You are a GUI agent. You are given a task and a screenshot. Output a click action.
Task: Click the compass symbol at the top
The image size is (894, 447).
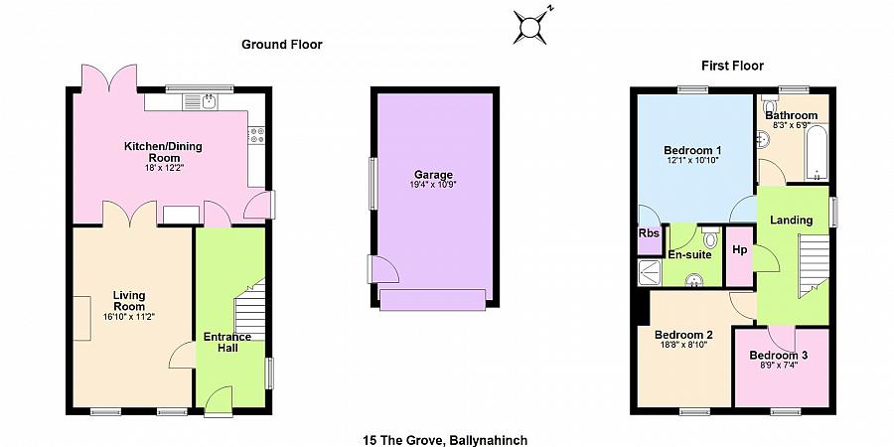(530, 26)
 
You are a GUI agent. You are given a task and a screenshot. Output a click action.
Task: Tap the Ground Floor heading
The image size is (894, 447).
(282, 45)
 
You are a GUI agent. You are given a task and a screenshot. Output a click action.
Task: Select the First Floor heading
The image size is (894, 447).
(732, 67)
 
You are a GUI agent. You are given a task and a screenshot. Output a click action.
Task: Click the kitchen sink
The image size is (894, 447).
(200, 102)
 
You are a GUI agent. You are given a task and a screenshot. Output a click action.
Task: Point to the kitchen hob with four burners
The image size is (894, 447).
(256, 134)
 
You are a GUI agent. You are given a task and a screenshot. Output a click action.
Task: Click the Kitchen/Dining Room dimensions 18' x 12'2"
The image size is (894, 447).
(163, 168)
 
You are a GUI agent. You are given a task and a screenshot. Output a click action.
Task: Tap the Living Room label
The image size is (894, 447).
(129, 300)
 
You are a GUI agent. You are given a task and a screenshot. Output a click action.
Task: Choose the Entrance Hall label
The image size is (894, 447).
(227, 342)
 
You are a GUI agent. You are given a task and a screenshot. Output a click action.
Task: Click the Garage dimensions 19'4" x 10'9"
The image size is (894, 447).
(434, 185)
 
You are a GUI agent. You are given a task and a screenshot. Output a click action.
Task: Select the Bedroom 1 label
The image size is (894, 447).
(692, 151)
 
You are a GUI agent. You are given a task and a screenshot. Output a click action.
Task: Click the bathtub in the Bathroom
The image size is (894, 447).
(818, 153)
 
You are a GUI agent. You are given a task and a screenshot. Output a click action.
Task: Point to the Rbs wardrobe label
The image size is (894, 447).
(649, 233)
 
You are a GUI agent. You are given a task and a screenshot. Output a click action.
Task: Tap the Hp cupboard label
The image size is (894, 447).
(739, 249)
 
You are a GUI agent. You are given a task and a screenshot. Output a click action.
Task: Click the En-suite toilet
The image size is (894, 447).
(710, 237)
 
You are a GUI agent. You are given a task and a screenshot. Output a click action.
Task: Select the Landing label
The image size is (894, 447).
(792, 221)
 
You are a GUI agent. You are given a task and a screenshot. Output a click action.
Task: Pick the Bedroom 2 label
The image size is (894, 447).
(683, 335)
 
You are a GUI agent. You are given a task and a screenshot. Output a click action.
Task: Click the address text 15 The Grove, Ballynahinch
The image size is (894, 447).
(445, 440)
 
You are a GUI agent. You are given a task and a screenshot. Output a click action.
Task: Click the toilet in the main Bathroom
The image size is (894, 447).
(769, 105)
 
